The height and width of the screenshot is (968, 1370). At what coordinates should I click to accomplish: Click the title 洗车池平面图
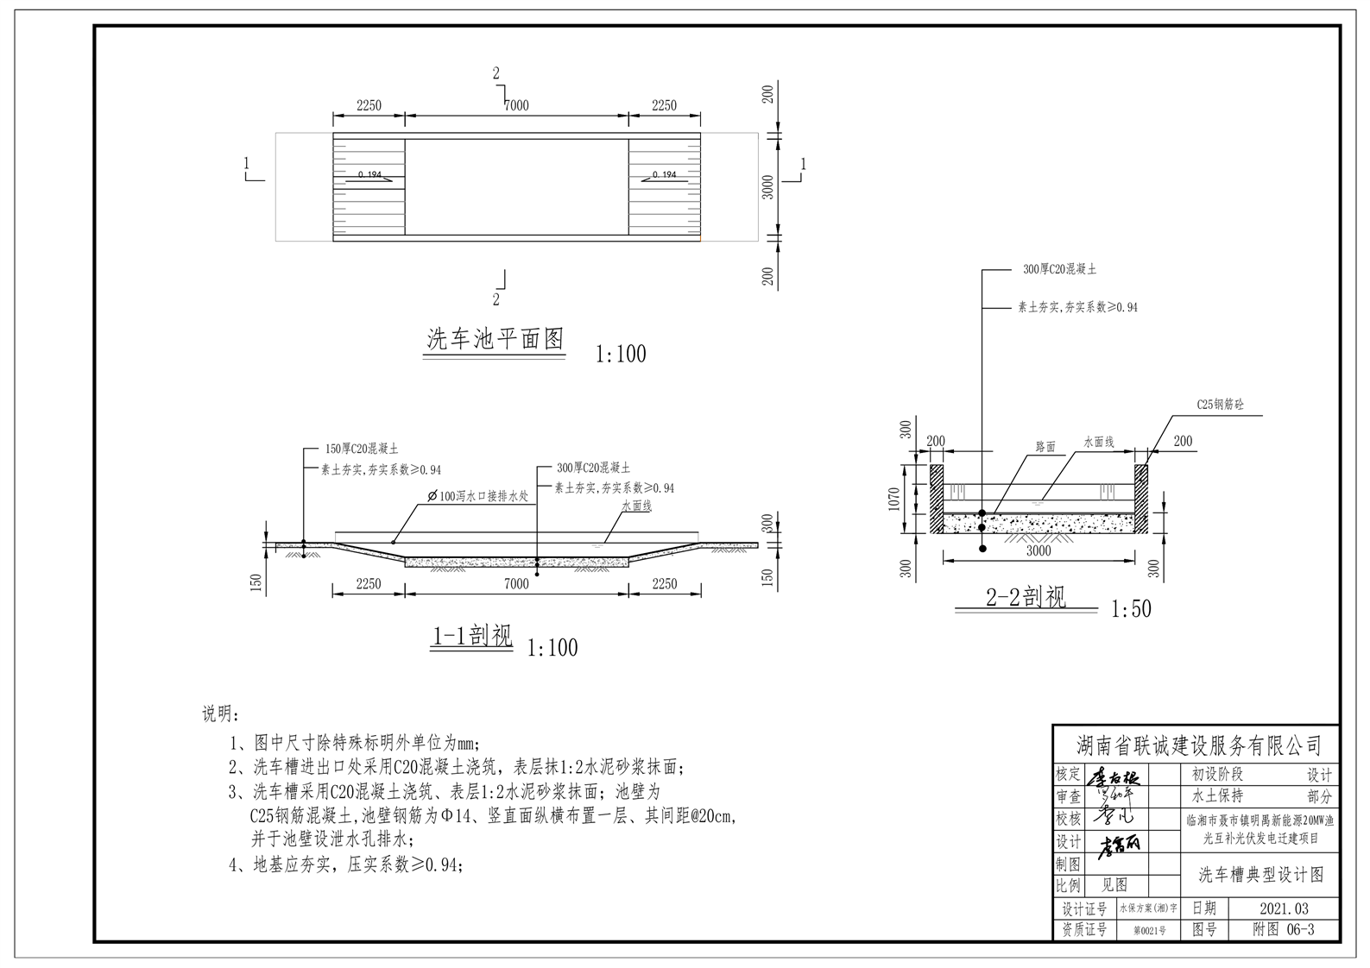[496, 339]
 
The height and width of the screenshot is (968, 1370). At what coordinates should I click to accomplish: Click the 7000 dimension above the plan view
[516, 105]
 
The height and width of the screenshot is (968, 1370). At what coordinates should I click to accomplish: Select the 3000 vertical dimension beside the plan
[768, 186]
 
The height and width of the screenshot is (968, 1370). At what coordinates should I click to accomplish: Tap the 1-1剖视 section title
[472, 637]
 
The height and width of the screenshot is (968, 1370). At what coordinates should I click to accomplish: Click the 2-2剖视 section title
[1026, 596]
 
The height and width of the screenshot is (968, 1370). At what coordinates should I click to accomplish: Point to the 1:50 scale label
[1131, 609]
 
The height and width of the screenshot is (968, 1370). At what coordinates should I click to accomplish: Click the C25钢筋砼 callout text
[1220, 404]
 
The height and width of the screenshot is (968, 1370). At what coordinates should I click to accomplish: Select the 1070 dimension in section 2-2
[894, 499]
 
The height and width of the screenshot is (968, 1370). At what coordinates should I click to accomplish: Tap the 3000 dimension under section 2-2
[1039, 550]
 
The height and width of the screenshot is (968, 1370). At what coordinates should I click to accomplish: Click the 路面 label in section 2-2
[1045, 447]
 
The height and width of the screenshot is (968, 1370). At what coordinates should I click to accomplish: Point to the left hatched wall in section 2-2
[936, 500]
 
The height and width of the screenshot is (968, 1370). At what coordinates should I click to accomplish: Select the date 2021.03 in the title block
[1284, 908]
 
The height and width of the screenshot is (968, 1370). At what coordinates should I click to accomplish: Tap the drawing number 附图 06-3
[1284, 929]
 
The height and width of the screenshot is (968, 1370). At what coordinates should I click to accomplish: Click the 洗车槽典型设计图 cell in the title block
[1260, 875]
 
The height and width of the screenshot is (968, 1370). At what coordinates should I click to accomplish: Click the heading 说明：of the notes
[223, 714]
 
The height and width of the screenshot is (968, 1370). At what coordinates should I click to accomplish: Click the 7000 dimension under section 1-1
[516, 584]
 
